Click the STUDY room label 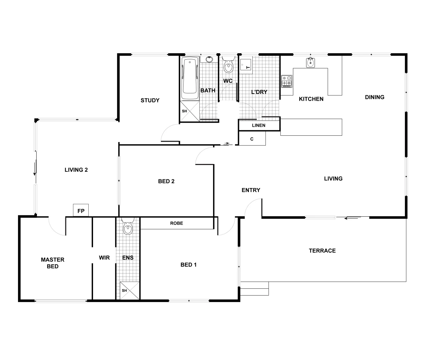150,100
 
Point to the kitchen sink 310,63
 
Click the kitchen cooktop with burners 287,81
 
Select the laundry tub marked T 246,66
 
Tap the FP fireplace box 81,211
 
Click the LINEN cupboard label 259,125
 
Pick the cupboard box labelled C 252,139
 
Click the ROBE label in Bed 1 176,223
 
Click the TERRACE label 322,251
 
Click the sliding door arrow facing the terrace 352,219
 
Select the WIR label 104,258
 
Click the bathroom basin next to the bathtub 209,59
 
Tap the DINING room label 375,97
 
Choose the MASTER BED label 53,263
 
